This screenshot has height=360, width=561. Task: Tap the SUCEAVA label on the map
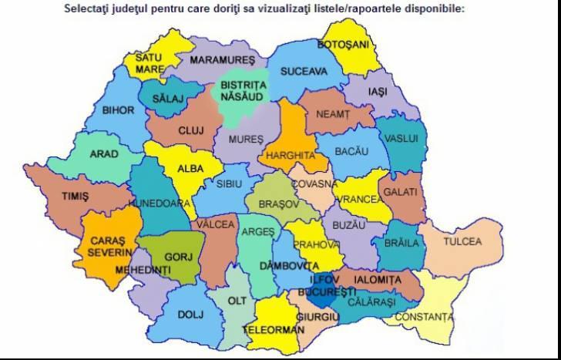(304, 72)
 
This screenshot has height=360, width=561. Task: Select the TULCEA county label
(462, 241)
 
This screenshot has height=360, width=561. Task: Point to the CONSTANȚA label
(424, 317)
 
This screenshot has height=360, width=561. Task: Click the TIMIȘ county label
(75, 197)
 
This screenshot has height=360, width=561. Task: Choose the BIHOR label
(119, 110)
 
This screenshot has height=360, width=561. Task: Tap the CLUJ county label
(190, 130)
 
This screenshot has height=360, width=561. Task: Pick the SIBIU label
(229, 185)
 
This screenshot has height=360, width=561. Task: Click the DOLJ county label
(190, 315)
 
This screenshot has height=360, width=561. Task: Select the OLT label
(237, 301)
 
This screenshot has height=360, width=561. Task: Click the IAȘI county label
(378, 91)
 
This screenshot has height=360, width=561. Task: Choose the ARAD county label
(104, 154)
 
